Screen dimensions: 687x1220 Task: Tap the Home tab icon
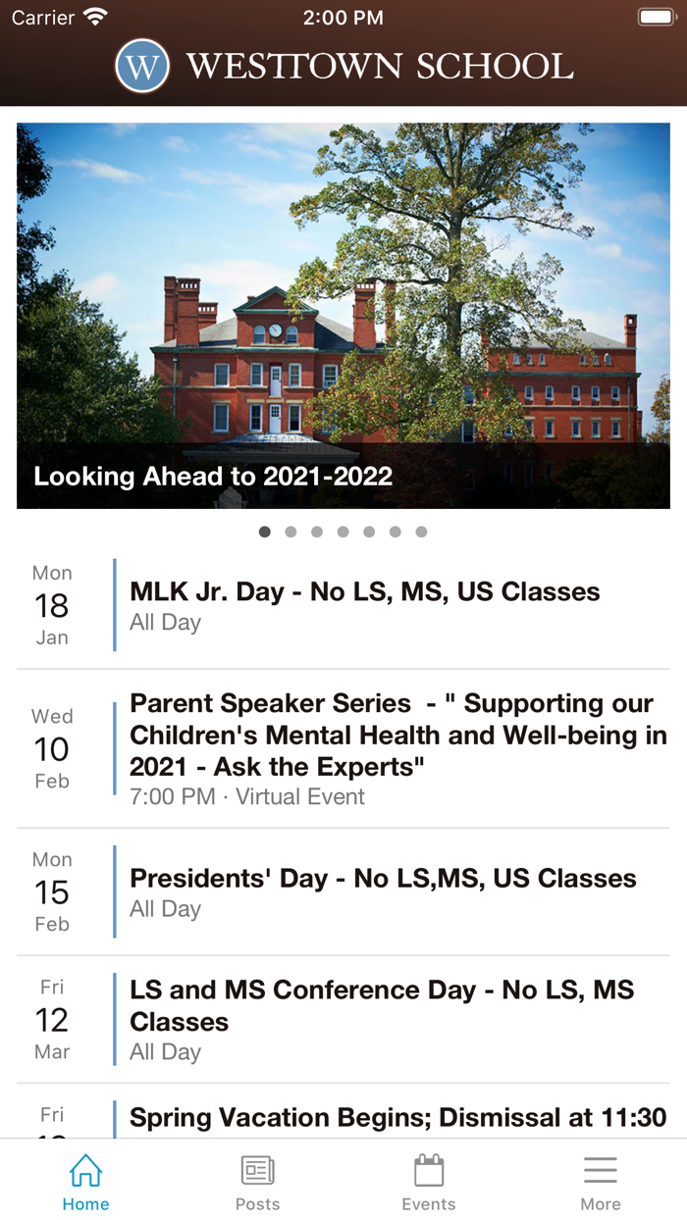tap(85, 1170)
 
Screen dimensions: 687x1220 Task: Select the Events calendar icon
tap(429, 1170)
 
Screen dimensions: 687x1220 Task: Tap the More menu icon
tap(601, 1170)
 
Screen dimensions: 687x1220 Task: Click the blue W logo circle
tap(142, 66)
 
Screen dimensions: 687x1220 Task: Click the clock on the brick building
tap(276, 330)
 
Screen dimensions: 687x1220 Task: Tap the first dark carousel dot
tap(264, 532)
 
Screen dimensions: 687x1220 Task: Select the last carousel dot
tap(421, 532)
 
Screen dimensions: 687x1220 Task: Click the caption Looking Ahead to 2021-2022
tap(213, 476)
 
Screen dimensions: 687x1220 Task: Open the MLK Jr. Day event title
tap(365, 592)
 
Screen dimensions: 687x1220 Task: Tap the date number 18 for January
tap(52, 606)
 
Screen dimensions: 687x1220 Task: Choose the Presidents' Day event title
tap(383, 879)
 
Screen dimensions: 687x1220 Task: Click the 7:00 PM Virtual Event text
tap(247, 796)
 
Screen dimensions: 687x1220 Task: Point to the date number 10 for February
tap(52, 749)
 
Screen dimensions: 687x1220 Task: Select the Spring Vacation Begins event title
tap(398, 1118)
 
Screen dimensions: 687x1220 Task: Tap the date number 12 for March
tap(52, 1020)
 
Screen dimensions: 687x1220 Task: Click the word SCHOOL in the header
tap(495, 66)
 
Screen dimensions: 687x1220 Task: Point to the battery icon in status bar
tap(658, 17)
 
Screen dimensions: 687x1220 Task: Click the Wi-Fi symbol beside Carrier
tap(95, 17)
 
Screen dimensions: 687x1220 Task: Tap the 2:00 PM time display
tap(343, 18)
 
